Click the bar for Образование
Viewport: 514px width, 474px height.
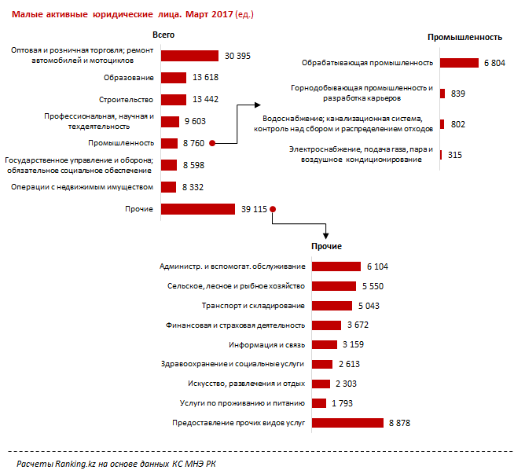(174, 78)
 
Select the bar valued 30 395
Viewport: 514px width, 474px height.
(189, 56)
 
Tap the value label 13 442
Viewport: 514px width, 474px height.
(205, 99)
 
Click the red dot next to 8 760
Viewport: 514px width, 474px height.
(212, 143)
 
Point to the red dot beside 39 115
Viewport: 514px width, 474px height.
(273, 209)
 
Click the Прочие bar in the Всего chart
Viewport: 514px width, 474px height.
(198, 209)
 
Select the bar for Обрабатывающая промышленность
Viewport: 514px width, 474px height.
(459, 63)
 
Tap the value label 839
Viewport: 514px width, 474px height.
(458, 94)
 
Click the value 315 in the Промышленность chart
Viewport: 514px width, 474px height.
(455, 155)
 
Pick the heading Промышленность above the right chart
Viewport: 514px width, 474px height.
(464, 38)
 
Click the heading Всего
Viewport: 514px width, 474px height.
(163, 35)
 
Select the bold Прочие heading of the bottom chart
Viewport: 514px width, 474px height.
(326, 246)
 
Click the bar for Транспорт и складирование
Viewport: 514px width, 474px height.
(332, 306)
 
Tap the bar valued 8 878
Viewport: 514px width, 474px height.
(347, 423)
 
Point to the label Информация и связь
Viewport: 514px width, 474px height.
(267, 345)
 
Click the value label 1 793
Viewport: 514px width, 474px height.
(342, 403)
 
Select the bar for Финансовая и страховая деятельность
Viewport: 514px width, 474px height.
(326, 325)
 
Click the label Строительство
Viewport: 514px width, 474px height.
(127, 100)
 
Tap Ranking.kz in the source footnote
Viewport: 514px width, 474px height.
(75, 464)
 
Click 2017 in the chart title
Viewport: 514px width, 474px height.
(222, 14)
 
